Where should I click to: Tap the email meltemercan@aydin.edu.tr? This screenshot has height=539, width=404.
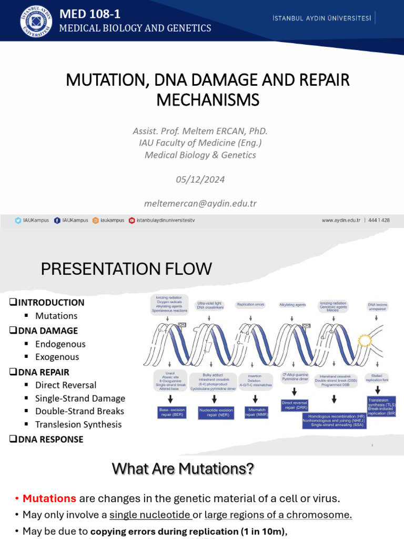(x=200, y=203)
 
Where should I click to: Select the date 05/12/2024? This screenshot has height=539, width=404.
(x=200, y=179)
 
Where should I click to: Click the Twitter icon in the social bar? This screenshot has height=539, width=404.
(x=18, y=221)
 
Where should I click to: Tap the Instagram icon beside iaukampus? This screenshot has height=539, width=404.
(x=96, y=221)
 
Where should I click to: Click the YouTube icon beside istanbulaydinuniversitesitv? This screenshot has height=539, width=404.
(x=132, y=221)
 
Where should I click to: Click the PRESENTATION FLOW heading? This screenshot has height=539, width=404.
(x=126, y=269)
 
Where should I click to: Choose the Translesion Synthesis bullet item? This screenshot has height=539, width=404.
(x=78, y=424)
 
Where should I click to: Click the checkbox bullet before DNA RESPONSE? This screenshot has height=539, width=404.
(x=13, y=439)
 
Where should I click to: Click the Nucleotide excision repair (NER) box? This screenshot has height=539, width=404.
(x=215, y=412)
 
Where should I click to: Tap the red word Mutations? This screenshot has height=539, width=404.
(x=49, y=498)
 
